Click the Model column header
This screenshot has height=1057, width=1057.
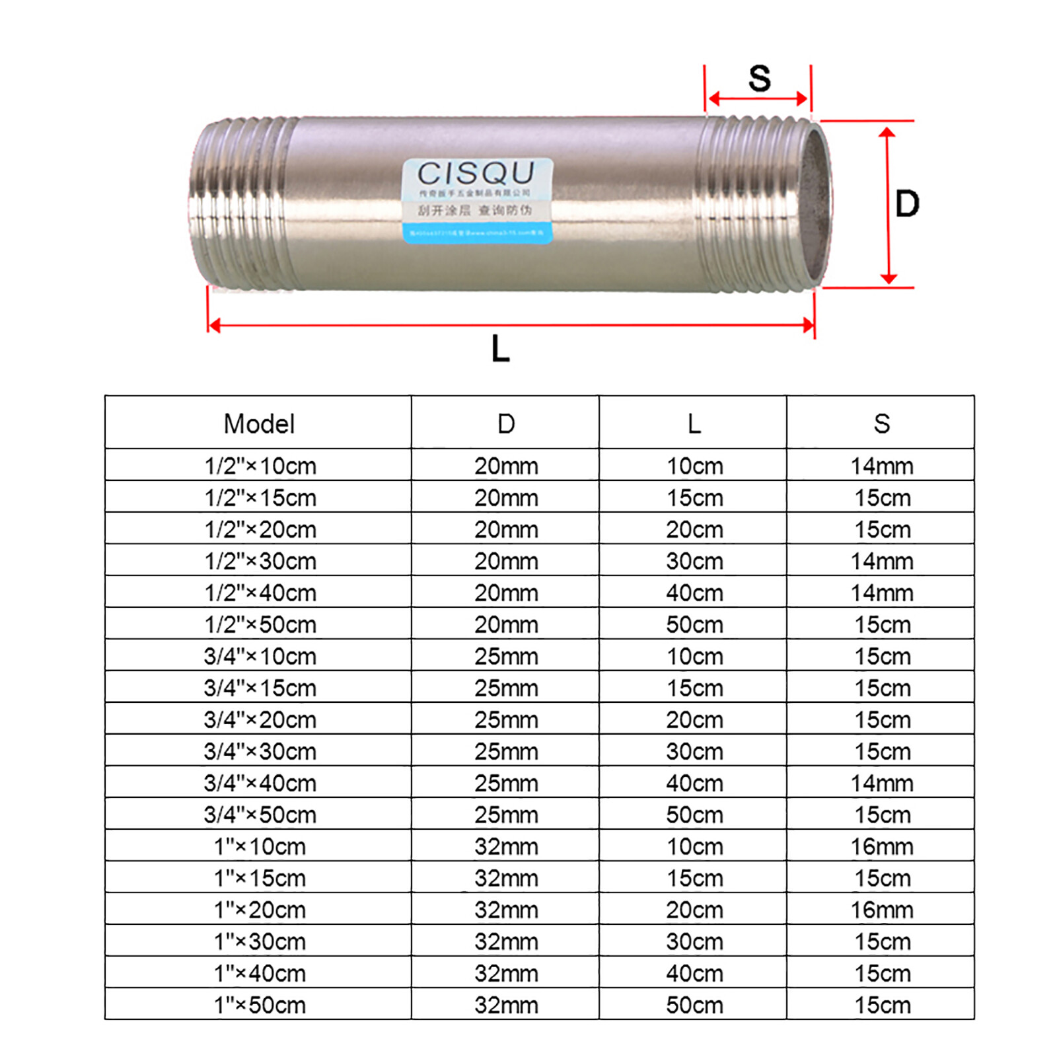[x=259, y=423]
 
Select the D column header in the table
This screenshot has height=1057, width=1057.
[x=506, y=423]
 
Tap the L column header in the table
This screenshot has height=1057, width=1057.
[x=694, y=423]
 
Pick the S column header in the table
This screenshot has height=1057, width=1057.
[x=881, y=423]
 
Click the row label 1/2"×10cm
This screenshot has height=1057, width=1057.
[x=260, y=466]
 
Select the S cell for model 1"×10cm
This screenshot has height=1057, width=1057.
[x=882, y=846]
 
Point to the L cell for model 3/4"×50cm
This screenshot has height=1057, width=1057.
[x=694, y=815]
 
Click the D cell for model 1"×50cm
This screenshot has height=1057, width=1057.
[x=506, y=1005]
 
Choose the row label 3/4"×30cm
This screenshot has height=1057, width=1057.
[x=260, y=751]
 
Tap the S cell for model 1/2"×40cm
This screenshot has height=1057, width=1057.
[x=882, y=593]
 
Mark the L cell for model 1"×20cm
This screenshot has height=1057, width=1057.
[x=694, y=910]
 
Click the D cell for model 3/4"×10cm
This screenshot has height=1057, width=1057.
[x=506, y=656]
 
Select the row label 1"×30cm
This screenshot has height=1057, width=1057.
[x=260, y=941]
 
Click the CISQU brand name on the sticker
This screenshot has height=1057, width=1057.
[x=476, y=174]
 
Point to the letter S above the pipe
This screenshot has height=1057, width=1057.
[x=759, y=79]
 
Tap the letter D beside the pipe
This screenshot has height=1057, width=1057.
[x=907, y=203]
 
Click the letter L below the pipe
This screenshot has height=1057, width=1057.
[x=501, y=348]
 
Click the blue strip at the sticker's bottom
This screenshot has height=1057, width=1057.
[x=477, y=233]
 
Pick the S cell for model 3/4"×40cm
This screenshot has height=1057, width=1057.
[x=882, y=783]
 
